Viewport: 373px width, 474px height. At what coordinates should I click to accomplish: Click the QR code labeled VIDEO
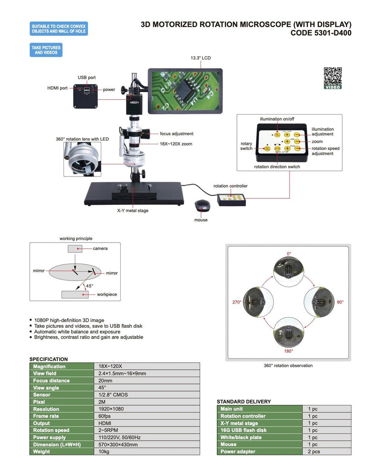point(332,77)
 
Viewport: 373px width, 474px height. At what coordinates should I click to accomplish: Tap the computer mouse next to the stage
point(201,205)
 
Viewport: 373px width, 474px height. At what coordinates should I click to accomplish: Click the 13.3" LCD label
point(200,58)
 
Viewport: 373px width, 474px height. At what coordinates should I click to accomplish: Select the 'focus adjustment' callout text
point(176,134)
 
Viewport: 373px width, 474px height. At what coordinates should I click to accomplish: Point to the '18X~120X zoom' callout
point(176,144)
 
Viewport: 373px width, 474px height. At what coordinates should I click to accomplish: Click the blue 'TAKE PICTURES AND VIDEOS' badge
point(46,50)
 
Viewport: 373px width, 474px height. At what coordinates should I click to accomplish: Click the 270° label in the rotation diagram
point(236,302)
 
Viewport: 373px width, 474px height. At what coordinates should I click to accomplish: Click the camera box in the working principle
point(75,249)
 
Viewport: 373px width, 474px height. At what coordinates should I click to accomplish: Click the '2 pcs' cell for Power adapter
point(313,452)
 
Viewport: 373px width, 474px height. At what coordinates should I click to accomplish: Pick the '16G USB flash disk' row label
point(243,430)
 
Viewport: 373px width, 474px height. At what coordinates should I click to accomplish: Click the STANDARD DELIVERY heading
point(243,401)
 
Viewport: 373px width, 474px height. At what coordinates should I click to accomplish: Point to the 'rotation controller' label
point(230,186)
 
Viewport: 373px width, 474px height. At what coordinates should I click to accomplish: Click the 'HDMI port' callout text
point(58,87)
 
